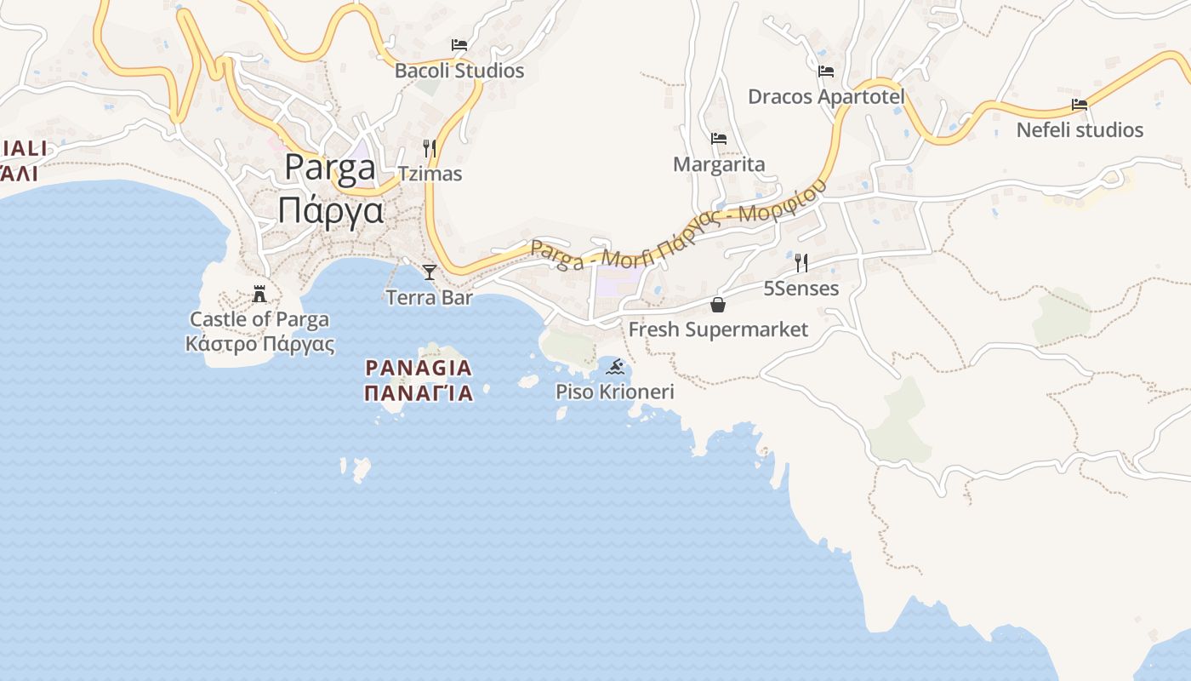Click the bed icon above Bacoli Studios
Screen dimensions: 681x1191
click(x=459, y=45)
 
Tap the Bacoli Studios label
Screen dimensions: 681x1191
click(x=459, y=71)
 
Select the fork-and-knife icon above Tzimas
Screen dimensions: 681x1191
click(x=430, y=149)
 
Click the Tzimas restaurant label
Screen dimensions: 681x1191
click(x=430, y=174)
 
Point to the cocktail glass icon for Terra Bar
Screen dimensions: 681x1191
click(x=430, y=272)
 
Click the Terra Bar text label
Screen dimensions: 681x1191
click(x=429, y=297)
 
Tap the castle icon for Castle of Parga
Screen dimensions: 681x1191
click(x=259, y=295)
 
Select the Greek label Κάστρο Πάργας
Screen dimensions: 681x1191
click(x=259, y=344)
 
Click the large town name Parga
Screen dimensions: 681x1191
click(x=330, y=167)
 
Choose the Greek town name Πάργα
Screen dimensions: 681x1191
click(x=330, y=209)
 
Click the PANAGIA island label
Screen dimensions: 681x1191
click(x=418, y=368)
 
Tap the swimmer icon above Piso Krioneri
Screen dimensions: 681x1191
click(x=615, y=368)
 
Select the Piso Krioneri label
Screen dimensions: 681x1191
click(x=614, y=392)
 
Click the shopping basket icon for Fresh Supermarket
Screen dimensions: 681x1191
click(x=718, y=305)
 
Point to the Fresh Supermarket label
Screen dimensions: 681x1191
click(x=718, y=329)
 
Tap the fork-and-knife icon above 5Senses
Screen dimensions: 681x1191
click(x=801, y=263)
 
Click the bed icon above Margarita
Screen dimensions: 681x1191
click(x=719, y=139)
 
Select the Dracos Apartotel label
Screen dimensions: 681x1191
click(x=825, y=97)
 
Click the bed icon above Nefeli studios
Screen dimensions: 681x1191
click(x=1080, y=105)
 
